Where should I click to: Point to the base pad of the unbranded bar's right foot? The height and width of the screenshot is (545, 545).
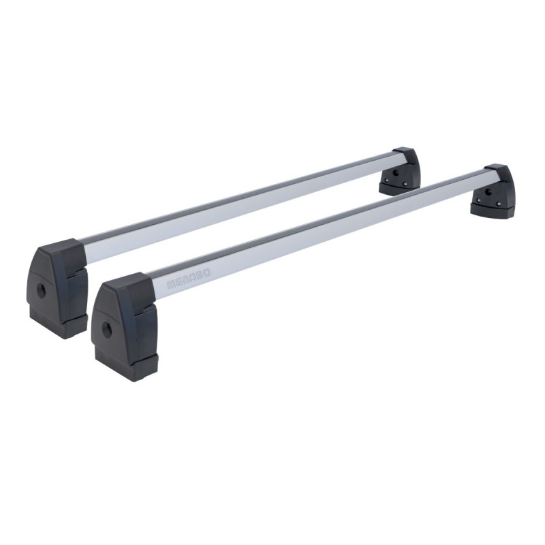399,190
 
